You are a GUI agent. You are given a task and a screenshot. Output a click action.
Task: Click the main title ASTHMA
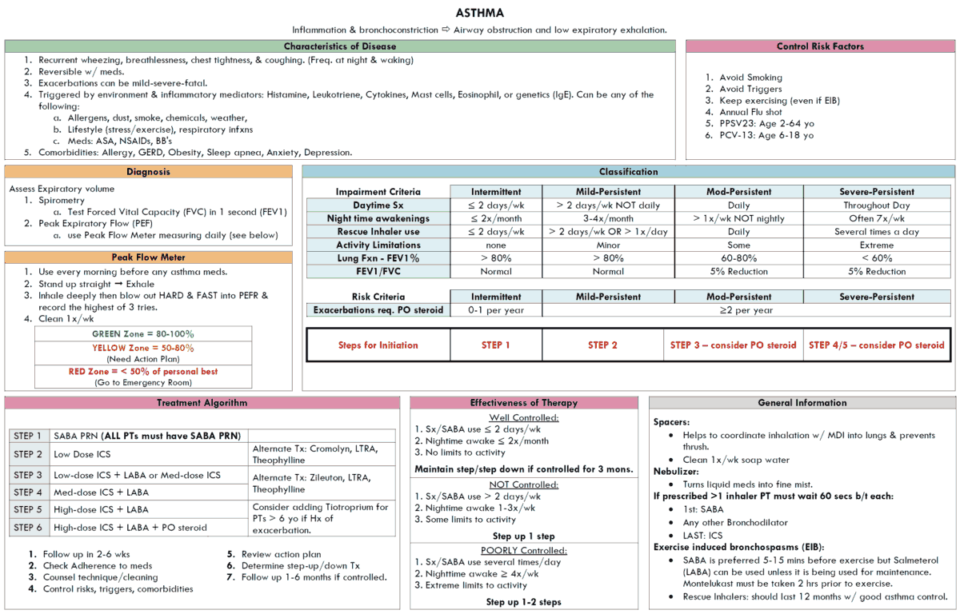coord(480,13)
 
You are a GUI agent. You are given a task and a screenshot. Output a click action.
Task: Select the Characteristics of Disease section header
coord(340,46)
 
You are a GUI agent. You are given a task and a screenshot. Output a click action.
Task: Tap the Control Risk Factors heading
coord(820,46)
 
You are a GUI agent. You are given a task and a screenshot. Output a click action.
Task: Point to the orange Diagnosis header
coord(149,171)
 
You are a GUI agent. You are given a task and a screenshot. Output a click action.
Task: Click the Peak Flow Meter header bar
coord(149,257)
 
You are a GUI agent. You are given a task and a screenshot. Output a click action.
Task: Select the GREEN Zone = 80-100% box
coord(143,333)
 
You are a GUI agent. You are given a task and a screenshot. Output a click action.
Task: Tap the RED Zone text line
coord(143,371)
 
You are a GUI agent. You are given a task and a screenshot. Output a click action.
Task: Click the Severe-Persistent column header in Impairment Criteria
coord(877,192)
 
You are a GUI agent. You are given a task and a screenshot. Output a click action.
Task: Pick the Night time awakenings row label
coord(378,218)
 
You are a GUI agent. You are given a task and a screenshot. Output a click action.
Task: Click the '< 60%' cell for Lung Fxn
coord(877,258)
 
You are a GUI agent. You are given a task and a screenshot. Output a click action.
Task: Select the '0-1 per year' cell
coord(495,310)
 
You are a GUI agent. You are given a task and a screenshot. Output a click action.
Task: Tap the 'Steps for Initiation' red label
coord(378,345)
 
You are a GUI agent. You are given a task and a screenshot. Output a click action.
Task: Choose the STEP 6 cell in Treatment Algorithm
coord(28,528)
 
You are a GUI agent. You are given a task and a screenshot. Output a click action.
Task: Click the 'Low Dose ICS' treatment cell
coord(82,454)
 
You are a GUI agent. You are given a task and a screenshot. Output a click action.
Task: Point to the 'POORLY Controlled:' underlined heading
coord(524,550)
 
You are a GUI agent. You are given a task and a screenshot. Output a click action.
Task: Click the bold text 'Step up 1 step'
coord(524,536)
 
